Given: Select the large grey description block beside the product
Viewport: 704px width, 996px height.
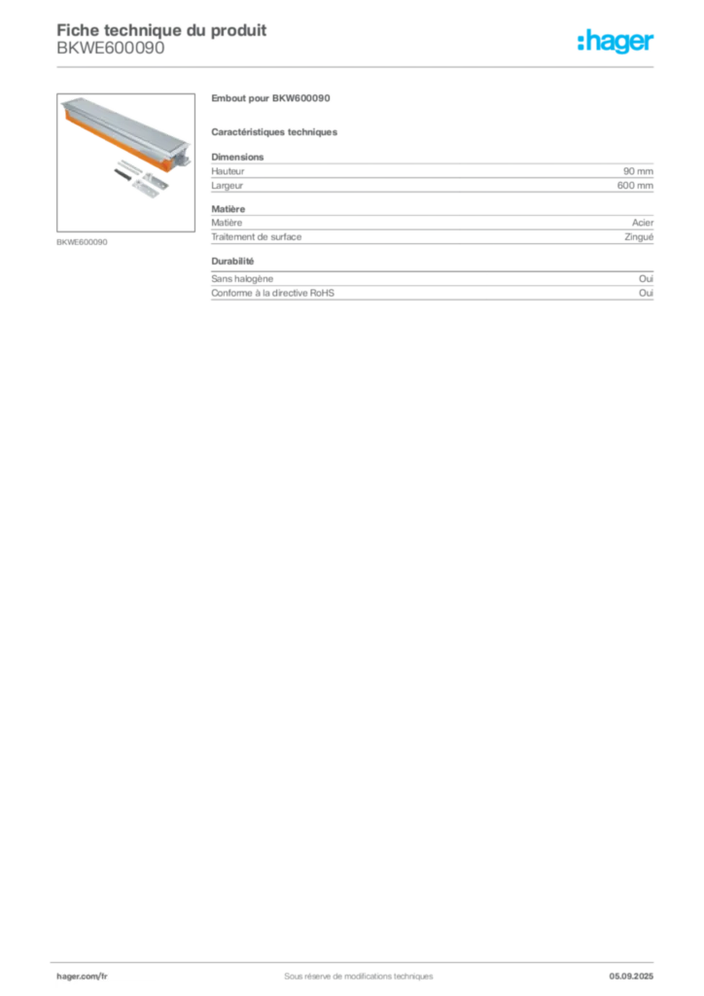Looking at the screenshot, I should pos(432,175).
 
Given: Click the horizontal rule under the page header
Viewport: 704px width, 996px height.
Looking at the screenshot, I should pos(358,67).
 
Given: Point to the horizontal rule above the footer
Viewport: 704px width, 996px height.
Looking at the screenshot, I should pos(358,958).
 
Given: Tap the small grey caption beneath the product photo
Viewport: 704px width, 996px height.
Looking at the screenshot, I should pos(82,240).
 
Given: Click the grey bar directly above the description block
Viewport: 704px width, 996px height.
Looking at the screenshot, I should pos(275,131).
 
